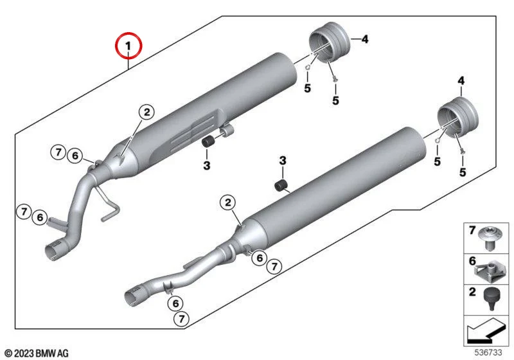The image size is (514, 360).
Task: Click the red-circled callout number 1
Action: click(128, 46)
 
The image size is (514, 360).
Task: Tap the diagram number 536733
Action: click(488, 352)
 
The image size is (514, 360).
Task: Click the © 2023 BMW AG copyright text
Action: click(37, 353)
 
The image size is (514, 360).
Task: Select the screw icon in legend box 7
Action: click(490, 239)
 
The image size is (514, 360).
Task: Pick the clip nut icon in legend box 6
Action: click(489, 270)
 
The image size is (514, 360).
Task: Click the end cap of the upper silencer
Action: click(329, 41)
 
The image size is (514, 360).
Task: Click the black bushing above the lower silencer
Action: click(281, 186)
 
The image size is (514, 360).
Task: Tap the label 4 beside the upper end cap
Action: click(364, 39)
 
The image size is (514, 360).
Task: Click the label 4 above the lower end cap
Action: click(461, 80)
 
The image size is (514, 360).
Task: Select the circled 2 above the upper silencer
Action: click(146, 112)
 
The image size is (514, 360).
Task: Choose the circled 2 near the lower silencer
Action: click(228, 202)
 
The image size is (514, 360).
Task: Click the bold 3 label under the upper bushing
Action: click(206, 165)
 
